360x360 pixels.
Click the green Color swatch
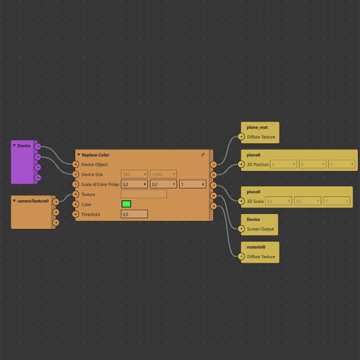pyautogui.click(x=126, y=204)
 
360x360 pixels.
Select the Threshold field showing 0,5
pyautogui.click(x=134, y=215)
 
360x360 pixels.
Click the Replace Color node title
pyautogui.click(x=96, y=155)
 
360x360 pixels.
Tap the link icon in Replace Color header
pyautogui.click(x=203, y=155)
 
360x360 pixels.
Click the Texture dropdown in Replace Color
pyautogui.click(x=144, y=194)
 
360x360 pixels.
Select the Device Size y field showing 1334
pyautogui.click(x=163, y=174)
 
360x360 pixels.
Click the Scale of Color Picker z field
pyautogui.click(x=192, y=184)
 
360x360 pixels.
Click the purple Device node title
pyautogui.click(x=24, y=145)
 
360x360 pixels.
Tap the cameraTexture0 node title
pyautogui.click(x=33, y=201)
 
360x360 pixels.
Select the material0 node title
pyautogui.click(x=256, y=247)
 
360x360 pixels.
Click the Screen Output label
pyautogui.click(x=260, y=229)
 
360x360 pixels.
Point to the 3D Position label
pyautogui.click(x=258, y=165)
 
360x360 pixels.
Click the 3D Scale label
pyautogui.click(x=255, y=201)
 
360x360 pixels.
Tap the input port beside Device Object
pyautogui.click(x=76, y=165)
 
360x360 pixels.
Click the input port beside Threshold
pyautogui.click(x=76, y=215)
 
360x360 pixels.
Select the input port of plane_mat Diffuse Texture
pyautogui.click(x=242, y=137)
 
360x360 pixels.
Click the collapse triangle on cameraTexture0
pyautogui.click(x=14, y=201)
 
